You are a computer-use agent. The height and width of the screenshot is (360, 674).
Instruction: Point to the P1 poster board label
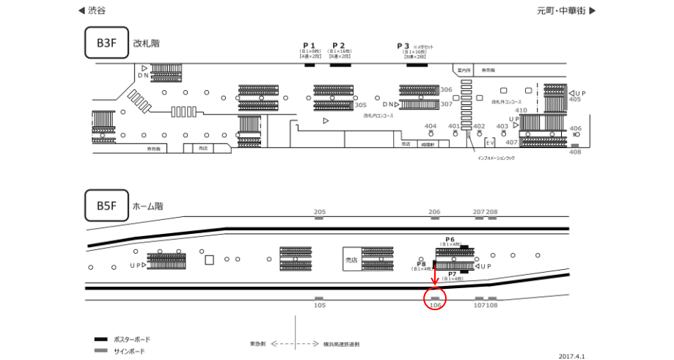pyautogui.click(x=309, y=45)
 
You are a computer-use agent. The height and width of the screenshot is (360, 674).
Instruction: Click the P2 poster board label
pyautogui.click(x=338, y=45)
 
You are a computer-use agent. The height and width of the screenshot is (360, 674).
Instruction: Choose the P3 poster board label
pyautogui.click(x=403, y=45)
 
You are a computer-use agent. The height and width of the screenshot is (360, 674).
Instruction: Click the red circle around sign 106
pyautogui.click(x=436, y=299)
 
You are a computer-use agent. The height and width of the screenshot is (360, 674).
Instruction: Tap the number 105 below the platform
pyautogui.click(x=320, y=306)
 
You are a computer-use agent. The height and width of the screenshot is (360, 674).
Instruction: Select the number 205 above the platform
pyautogui.click(x=320, y=212)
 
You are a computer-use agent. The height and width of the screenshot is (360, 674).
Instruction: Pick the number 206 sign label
pyautogui.click(x=434, y=212)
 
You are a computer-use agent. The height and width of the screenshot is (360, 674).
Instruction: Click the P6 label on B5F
pyautogui.click(x=450, y=240)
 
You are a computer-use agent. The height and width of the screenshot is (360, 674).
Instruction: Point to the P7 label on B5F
pyautogui.click(x=453, y=273)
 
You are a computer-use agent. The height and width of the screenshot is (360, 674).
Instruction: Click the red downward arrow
pyautogui.click(x=434, y=274)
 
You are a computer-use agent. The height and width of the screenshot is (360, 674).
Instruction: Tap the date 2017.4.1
pyautogui.click(x=571, y=356)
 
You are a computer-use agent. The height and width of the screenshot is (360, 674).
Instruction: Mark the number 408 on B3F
pyautogui.click(x=575, y=152)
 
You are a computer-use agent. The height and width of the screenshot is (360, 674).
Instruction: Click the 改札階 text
pyautogui.click(x=147, y=43)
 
